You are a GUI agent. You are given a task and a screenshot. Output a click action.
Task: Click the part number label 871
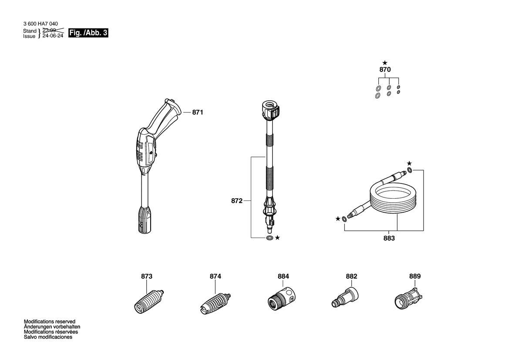pos(197,112)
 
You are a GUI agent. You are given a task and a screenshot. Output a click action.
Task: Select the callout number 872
pos(236,201)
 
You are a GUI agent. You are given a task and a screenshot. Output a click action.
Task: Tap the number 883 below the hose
pos(389,238)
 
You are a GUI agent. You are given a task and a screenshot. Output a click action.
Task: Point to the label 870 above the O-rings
pos(385,70)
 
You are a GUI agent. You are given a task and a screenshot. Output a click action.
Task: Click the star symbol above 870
pos(384,63)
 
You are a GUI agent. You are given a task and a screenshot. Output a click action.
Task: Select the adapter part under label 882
pos(345,297)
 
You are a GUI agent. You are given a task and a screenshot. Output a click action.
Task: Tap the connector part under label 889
pos(408,298)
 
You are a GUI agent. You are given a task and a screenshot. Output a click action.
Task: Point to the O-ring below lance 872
pos(270,238)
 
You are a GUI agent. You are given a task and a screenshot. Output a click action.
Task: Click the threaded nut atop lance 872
pos(270,110)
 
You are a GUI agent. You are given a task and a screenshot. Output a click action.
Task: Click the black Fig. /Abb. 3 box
pos(88,33)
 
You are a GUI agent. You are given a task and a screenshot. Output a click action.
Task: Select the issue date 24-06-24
pos(53,36)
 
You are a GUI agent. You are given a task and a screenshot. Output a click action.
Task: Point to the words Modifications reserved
pos(50,322)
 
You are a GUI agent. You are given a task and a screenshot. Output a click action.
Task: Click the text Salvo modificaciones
pos(48,337)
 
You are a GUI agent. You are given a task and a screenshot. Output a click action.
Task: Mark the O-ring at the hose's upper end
pos(410,170)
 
